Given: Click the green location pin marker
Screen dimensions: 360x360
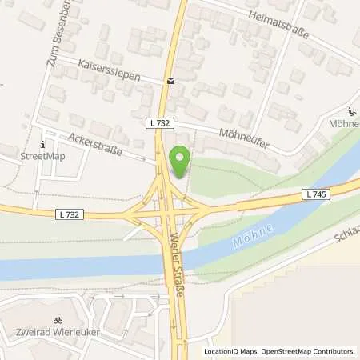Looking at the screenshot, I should tap(181, 163).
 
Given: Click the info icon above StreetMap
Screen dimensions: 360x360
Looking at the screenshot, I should tap(42, 144).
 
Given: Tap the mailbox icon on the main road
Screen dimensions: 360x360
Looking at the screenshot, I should tap(170, 81).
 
